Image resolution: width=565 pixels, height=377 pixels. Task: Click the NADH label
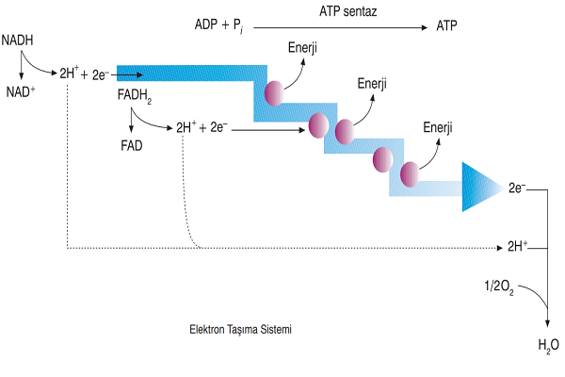18,41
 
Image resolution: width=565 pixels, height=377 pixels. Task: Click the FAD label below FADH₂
131,146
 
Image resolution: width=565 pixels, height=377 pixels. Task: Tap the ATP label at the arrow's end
446,26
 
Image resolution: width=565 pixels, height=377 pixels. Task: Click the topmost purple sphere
274,91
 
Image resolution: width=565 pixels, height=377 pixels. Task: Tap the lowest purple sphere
411,174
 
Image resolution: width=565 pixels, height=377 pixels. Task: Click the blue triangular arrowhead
481,187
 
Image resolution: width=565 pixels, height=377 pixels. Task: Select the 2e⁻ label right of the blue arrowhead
516,188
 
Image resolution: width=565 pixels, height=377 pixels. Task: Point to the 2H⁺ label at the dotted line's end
516,248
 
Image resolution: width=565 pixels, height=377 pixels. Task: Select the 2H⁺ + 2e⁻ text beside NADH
84,73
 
